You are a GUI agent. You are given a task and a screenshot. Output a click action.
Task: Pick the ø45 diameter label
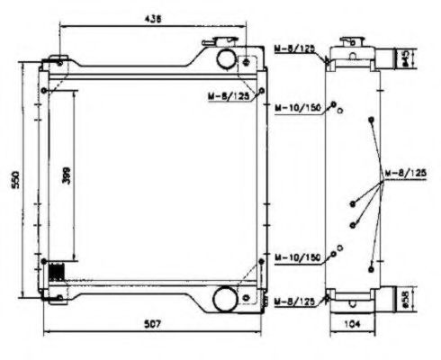point(406,59)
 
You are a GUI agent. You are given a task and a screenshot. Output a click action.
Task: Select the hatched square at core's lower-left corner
point(56,271)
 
